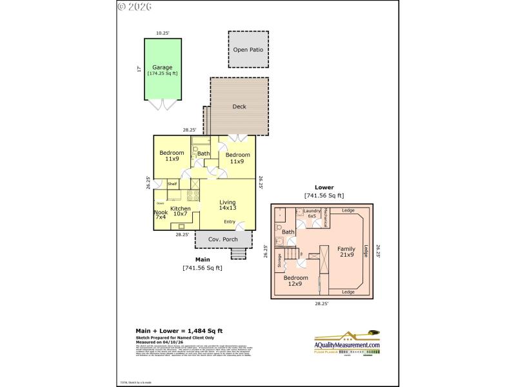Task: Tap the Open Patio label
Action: pos(248,49)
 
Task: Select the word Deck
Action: pos(239,107)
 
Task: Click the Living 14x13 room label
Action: pos(227,205)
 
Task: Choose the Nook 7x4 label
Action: pos(161,215)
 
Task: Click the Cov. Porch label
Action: pos(224,239)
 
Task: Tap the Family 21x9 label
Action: pos(346,251)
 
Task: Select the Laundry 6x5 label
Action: pos(312,213)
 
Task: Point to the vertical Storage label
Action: pos(279,260)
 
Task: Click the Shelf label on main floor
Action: pos(172,184)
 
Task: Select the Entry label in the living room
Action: pos(229,222)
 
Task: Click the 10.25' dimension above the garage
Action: pos(162,33)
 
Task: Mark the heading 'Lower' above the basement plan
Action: pos(324,188)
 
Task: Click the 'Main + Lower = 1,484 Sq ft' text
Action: pos(176,330)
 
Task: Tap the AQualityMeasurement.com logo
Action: pos(342,345)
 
